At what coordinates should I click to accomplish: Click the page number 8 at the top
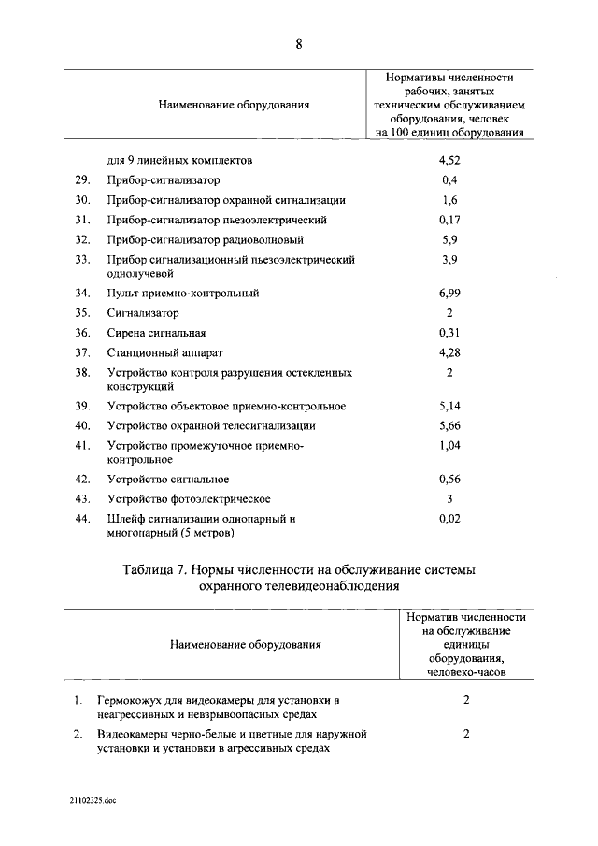click(x=298, y=42)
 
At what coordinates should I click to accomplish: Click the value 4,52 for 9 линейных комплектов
click(x=449, y=160)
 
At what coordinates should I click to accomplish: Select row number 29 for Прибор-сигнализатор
click(x=82, y=179)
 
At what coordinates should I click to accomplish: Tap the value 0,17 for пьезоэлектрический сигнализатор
click(x=449, y=220)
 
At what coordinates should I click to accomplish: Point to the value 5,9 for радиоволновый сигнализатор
click(x=449, y=239)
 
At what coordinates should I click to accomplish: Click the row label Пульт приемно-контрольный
click(x=183, y=294)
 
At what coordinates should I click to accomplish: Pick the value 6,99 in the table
click(x=449, y=294)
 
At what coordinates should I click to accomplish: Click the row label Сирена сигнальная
click(x=156, y=333)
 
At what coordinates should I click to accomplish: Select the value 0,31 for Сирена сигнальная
click(x=449, y=333)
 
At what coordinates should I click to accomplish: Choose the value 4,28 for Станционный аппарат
click(x=449, y=352)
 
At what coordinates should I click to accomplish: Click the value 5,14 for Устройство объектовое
click(x=449, y=406)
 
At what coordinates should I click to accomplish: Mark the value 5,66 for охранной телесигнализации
click(x=449, y=425)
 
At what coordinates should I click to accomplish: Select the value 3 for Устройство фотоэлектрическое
click(x=449, y=498)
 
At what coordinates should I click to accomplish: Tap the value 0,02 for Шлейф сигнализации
click(x=449, y=518)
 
